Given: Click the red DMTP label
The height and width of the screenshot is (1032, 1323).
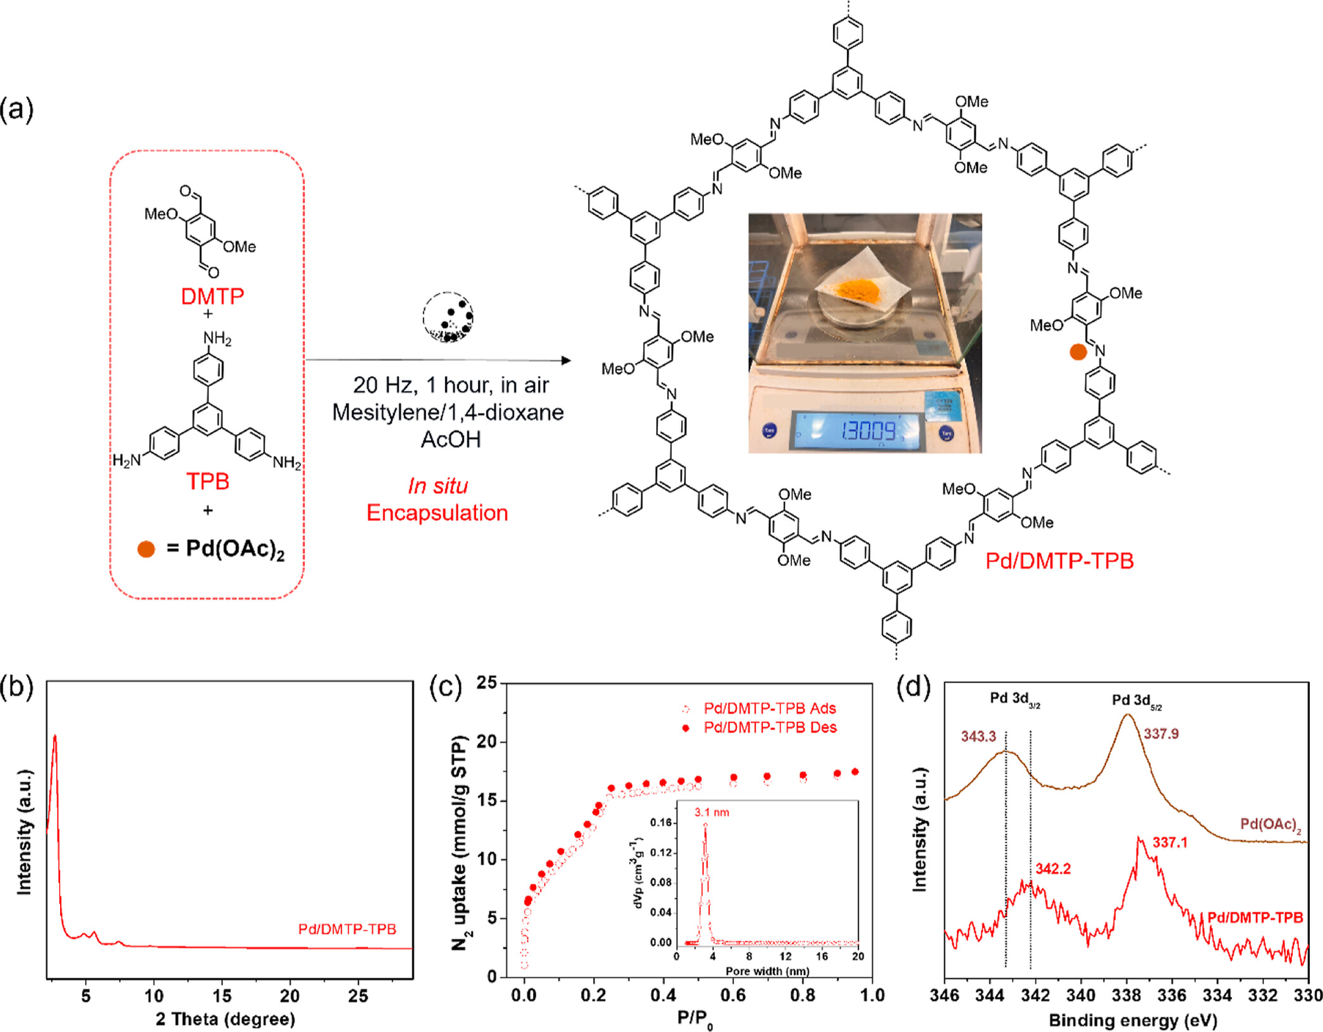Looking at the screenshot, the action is pos(212,296).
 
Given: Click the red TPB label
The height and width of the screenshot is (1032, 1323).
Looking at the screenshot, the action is pos(207,482).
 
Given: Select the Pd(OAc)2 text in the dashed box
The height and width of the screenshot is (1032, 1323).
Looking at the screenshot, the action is pos(235,549).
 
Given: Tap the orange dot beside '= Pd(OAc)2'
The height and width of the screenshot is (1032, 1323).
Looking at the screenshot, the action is pos(146,549).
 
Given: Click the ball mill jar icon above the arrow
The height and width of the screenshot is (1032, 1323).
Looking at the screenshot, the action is pos(448,317).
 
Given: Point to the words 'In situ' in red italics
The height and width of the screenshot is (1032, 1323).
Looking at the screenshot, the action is pos(438,486).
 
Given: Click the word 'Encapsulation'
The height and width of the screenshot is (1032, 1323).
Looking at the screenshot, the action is pos(438,513).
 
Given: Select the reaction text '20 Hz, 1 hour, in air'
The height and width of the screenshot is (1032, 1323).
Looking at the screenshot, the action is pos(451,385).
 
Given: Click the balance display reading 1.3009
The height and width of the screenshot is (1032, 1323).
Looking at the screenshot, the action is pos(868,431).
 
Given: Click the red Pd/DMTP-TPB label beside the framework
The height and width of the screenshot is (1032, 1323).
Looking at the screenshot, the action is pos(1059,561).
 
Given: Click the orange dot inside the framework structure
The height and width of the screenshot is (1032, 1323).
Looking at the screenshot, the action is pos(1078,352).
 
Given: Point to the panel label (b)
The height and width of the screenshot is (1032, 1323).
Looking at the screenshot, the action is pos(17,688).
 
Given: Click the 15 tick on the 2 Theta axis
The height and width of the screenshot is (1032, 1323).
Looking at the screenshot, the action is pos(222,996).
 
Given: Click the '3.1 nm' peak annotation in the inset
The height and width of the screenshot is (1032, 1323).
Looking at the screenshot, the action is pos(711,812).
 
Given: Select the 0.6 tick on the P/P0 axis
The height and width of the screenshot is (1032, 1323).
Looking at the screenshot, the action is pos(733,995).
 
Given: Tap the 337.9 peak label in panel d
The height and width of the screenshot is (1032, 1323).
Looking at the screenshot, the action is pos(1161,734).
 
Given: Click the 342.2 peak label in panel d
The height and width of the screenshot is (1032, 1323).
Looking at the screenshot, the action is pos(1053,869).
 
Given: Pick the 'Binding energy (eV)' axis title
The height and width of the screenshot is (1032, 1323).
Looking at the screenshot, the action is pos(1133,1020).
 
